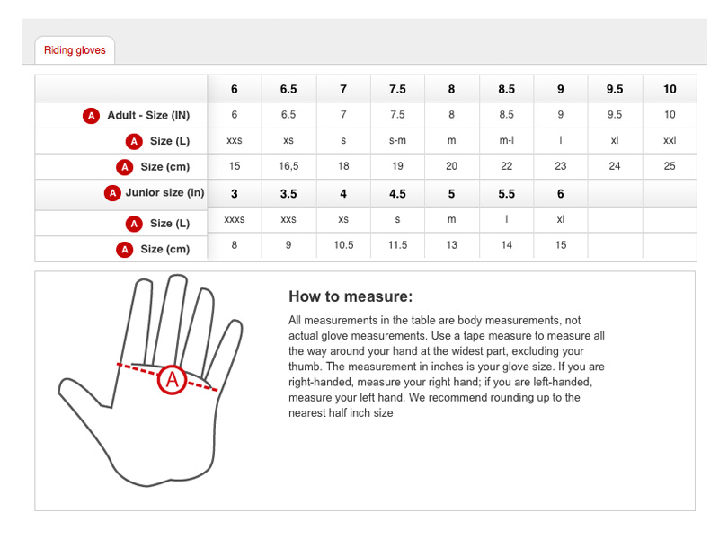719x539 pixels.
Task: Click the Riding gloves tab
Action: [75, 50]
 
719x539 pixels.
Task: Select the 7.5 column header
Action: [397, 89]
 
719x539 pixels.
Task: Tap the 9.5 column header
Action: [615, 89]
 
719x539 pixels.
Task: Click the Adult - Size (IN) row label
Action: [148, 116]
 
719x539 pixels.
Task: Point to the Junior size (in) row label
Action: [165, 192]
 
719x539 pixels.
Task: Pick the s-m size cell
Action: [397, 141]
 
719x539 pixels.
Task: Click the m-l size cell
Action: [506, 141]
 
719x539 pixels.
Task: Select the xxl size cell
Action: [670, 141]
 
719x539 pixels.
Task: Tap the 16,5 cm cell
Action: [288, 166]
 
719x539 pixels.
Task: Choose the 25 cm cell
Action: [670, 166]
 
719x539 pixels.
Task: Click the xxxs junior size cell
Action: [235, 219]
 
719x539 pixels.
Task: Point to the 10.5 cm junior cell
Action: [343, 245]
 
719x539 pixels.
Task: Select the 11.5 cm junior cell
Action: [397, 245]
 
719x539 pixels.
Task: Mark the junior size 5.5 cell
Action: [506, 194]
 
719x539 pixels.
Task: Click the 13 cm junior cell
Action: [452, 245]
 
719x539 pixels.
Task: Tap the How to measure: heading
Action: [351, 296]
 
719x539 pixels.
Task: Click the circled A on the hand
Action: [172, 380]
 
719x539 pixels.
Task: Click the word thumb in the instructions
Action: [303, 367]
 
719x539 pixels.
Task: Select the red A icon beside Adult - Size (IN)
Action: [92, 116]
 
